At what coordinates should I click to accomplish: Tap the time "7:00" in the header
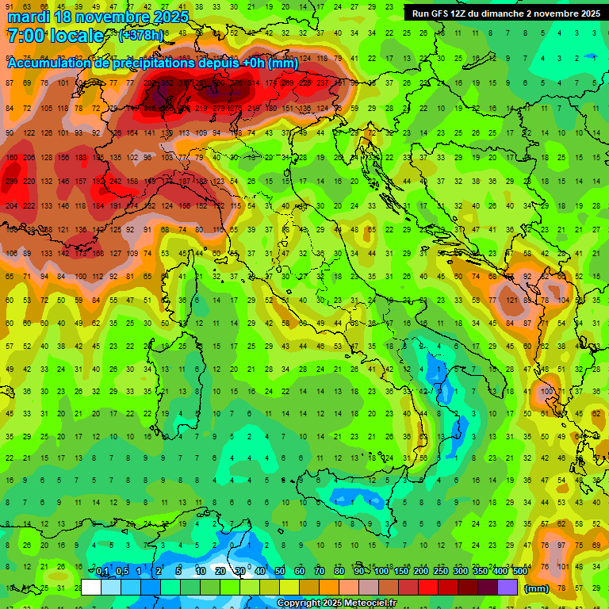point(24,36)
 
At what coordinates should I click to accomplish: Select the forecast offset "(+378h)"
point(140,36)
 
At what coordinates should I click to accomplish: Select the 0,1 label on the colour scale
point(102,572)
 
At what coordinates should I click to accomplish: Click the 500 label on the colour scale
point(519,572)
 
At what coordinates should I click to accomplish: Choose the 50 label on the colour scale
point(279,572)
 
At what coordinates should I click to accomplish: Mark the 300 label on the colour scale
point(460,572)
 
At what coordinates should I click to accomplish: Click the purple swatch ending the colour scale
point(507,587)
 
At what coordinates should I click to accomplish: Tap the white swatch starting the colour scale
point(91,587)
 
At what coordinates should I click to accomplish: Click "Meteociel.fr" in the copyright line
point(361,603)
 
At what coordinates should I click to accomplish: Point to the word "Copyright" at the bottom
point(299,603)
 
